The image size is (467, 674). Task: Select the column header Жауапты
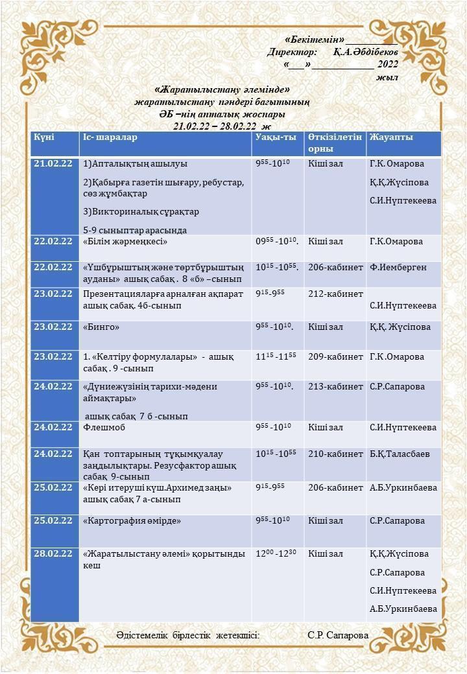pos(390,137)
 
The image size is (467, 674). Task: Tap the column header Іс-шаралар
pos(110,137)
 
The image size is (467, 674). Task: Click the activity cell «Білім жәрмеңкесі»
pos(126,242)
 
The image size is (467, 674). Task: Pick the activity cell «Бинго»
pos(102,327)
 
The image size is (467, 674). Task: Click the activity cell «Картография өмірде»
pos(132,520)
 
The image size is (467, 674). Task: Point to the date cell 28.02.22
pos(53,554)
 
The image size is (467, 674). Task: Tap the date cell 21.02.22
pos(53,163)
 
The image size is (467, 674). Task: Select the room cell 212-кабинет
pos(335,294)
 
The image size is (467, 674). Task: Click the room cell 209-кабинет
pos(335,356)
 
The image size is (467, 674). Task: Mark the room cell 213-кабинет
pos(335,387)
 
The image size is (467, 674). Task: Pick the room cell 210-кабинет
pos(335,454)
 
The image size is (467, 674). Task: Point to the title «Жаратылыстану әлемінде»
pos(222,89)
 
